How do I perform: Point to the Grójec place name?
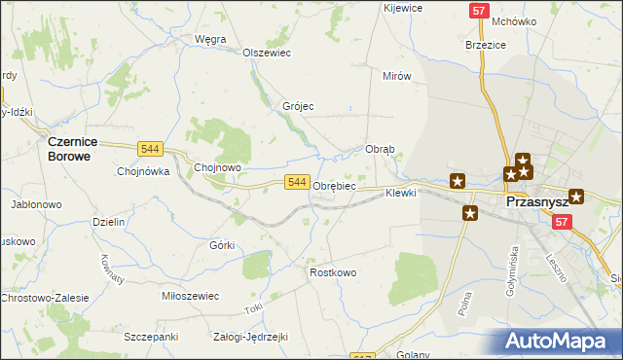(x=298, y=106)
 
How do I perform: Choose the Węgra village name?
(x=210, y=39)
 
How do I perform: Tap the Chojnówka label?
(x=143, y=170)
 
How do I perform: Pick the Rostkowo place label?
(x=333, y=272)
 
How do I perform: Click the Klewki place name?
(x=400, y=193)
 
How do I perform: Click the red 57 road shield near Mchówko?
(x=478, y=11)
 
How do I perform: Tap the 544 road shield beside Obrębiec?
(x=298, y=182)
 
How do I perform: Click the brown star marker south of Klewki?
(x=470, y=213)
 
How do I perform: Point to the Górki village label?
(x=222, y=244)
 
